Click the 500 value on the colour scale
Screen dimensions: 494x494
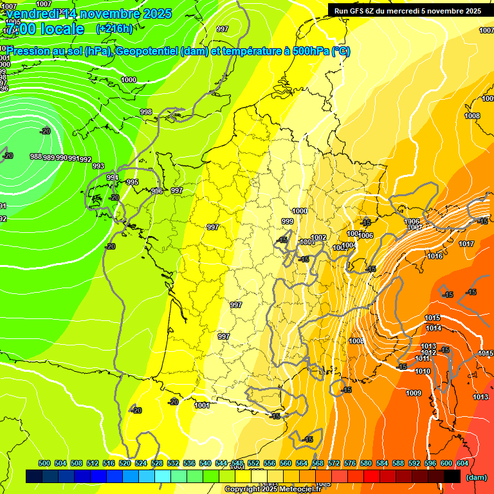click(44, 463)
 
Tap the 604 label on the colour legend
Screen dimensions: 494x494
click(462, 463)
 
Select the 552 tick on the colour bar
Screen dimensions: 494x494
click(253, 463)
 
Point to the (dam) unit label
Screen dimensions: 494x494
click(477, 477)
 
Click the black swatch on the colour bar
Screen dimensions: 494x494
click(452, 476)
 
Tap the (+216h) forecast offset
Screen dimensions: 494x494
click(114, 28)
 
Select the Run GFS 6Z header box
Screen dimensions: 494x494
click(407, 10)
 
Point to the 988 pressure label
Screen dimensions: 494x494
click(36, 156)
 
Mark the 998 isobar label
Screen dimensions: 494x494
click(146, 112)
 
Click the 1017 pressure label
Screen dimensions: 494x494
click(466, 244)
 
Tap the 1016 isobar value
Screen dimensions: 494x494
click(435, 256)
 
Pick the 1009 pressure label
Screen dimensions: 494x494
click(414, 393)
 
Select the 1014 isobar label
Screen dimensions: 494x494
click(433, 328)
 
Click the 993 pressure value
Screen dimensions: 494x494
click(98, 166)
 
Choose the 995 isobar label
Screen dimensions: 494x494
click(133, 182)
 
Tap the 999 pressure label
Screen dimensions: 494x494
click(288, 221)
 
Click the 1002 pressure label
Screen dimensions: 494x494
click(318, 237)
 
